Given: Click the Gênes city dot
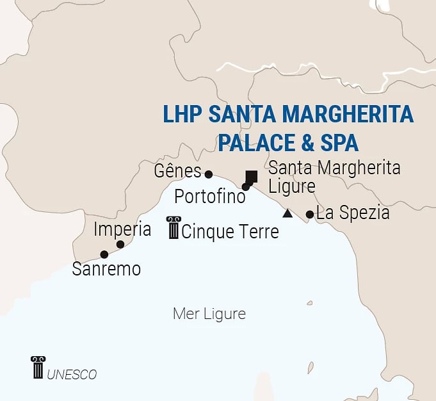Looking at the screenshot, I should [x=208, y=174].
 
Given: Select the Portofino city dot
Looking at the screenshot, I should [x=245, y=187].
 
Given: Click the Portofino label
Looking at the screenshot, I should [x=210, y=196].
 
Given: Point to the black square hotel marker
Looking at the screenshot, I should [x=252, y=176].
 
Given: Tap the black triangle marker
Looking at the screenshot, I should [x=288, y=213].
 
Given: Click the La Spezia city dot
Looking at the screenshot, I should [x=310, y=215].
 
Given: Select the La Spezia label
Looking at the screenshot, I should [x=353, y=213].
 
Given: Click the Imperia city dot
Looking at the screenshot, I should [x=120, y=244].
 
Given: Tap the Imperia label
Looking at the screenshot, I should [x=122, y=229].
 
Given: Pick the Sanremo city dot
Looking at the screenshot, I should [x=104, y=254].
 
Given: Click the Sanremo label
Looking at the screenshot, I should [x=106, y=269].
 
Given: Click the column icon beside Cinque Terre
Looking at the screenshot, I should [x=174, y=227].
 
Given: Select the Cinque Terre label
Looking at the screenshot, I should [x=230, y=231].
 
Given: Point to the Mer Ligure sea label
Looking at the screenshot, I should [x=209, y=315].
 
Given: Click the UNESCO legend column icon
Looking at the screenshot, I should [x=38, y=367].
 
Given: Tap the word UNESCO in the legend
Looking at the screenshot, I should [x=72, y=374].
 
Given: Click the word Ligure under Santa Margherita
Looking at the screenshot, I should [x=292, y=186].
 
